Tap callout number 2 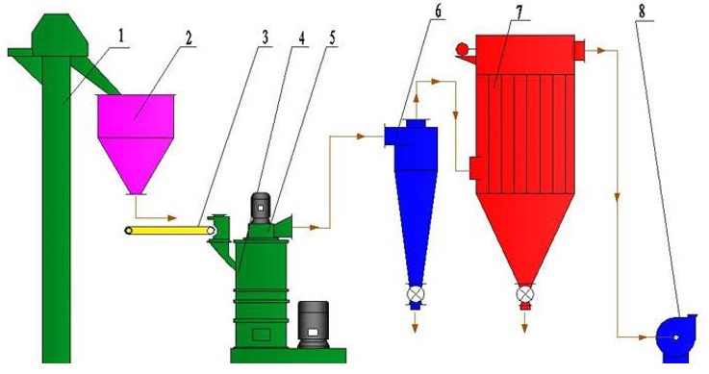coord(189,37)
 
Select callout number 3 coord(265,37)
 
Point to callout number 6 coord(438,12)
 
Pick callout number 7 coord(519,12)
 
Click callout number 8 coord(642,12)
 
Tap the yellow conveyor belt coord(170,231)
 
